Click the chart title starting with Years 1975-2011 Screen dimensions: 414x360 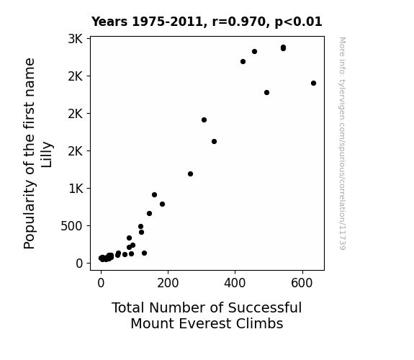pos(207,22)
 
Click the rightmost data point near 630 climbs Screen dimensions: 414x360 pos(313,84)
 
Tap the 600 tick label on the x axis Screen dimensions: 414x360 pos(302,283)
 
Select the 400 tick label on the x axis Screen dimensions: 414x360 pos(235,283)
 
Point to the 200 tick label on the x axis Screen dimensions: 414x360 pos(168,283)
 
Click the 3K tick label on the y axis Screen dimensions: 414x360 pos(76,39)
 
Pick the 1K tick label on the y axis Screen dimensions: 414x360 pos(76,189)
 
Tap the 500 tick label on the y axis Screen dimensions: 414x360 pos(71,226)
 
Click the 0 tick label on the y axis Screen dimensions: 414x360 pos(79,264)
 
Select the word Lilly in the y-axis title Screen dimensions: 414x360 pos(47,155)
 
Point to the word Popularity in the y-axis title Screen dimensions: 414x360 pos(29,215)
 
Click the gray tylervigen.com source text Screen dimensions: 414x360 pos(342,143)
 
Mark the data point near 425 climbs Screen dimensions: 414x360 pos(243,61)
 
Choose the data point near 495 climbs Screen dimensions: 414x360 pos(266,92)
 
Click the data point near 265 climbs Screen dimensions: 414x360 pos(190,174)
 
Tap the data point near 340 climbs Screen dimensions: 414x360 pos(214,142)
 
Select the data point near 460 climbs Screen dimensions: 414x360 pos(255,52)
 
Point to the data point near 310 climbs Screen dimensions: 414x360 pos(204,120)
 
